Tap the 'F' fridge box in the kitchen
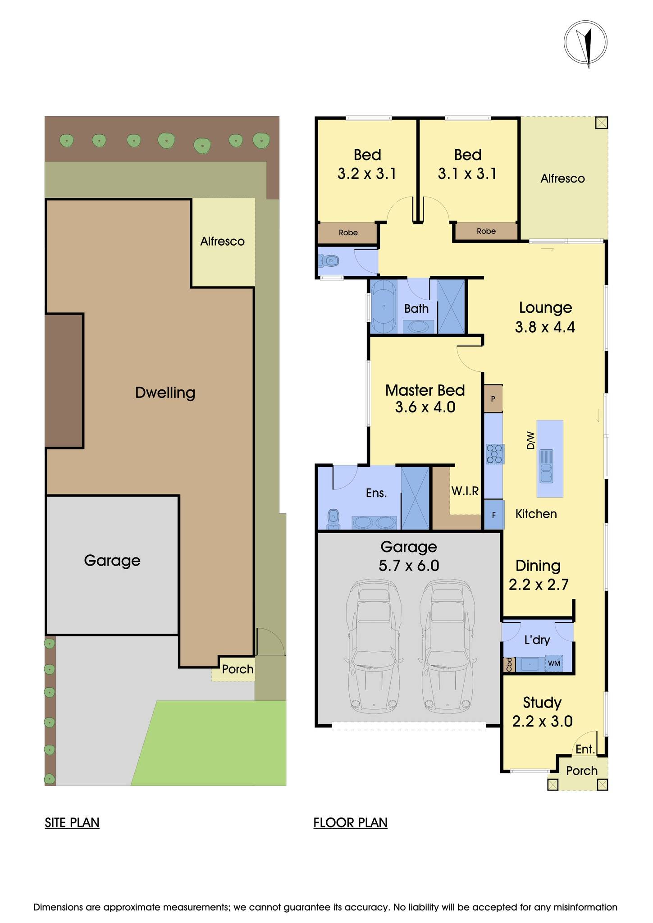493,515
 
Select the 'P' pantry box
493,398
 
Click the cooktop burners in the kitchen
494,454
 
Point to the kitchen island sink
547,466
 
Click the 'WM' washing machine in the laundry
554,663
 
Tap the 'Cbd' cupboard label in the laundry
509,664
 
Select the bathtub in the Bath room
384,306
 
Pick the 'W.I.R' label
465,491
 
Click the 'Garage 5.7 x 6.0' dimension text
409,556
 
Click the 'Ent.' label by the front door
585,749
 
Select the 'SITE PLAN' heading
72,822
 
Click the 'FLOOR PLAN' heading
350,822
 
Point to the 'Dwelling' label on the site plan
165,393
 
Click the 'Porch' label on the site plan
237,669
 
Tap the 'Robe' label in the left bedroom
348,233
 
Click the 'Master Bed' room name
425,390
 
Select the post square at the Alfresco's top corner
601,123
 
